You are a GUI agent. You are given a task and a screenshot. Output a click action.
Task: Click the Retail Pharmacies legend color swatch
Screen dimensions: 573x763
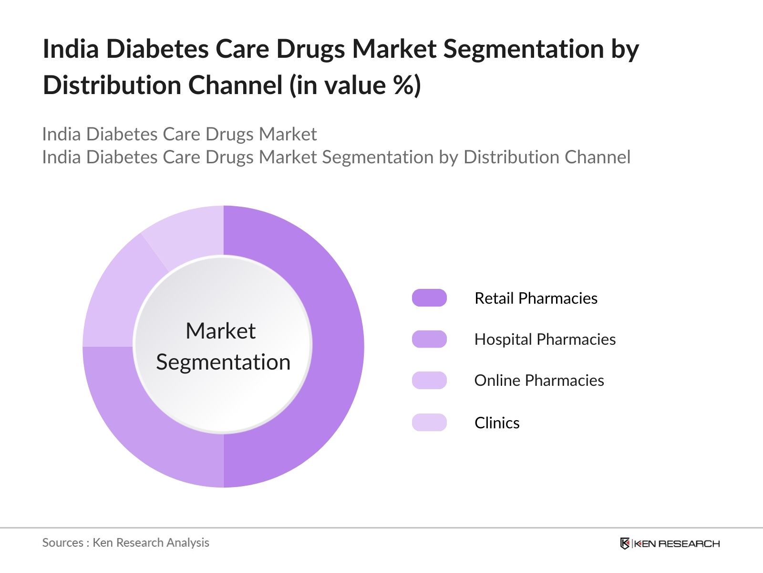click(429, 298)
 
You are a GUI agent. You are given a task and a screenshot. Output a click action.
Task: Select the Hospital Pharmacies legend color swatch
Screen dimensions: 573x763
click(429, 339)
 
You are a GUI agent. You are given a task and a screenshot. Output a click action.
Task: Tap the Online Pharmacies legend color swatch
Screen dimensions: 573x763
click(429, 381)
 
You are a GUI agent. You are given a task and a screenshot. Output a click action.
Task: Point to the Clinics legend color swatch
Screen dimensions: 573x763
click(429, 423)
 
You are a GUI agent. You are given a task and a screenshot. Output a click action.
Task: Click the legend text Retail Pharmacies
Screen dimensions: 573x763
click(536, 298)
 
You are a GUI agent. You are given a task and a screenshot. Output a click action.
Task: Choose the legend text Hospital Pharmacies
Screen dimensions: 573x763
click(545, 340)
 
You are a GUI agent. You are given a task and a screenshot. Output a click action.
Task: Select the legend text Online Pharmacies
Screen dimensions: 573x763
click(539, 381)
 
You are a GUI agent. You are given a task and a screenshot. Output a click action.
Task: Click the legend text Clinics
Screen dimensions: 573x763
click(497, 423)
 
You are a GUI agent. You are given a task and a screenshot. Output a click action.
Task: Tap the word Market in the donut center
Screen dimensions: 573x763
click(221, 331)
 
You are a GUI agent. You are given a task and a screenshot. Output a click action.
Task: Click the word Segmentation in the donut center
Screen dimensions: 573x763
click(223, 362)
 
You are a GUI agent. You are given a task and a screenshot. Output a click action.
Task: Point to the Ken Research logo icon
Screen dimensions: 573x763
click(625, 543)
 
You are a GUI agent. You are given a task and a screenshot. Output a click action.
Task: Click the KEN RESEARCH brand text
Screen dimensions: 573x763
click(677, 543)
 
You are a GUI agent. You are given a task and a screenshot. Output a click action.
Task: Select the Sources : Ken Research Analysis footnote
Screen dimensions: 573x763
click(125, 543)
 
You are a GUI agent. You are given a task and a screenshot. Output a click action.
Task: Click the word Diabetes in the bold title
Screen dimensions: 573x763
click(157, 49)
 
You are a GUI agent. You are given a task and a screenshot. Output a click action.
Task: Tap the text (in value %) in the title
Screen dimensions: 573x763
click(355, 85)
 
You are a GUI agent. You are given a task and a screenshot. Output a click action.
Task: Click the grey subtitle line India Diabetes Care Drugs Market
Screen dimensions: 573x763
click(179, 134)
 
